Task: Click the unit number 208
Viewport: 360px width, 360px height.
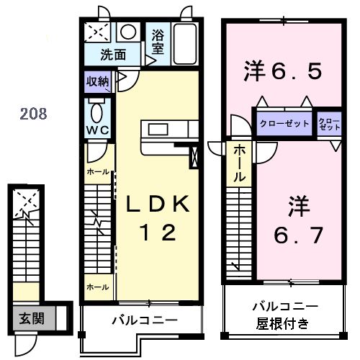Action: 34,113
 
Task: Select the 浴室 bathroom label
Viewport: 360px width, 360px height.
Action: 158,40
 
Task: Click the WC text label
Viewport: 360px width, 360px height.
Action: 98,130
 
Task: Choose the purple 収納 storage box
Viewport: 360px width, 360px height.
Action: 98,81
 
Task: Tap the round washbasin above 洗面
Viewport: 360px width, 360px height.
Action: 129,33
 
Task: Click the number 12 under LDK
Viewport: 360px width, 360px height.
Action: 158,233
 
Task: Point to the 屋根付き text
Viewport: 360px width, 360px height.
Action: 283,323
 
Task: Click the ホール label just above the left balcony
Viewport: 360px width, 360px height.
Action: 98,287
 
